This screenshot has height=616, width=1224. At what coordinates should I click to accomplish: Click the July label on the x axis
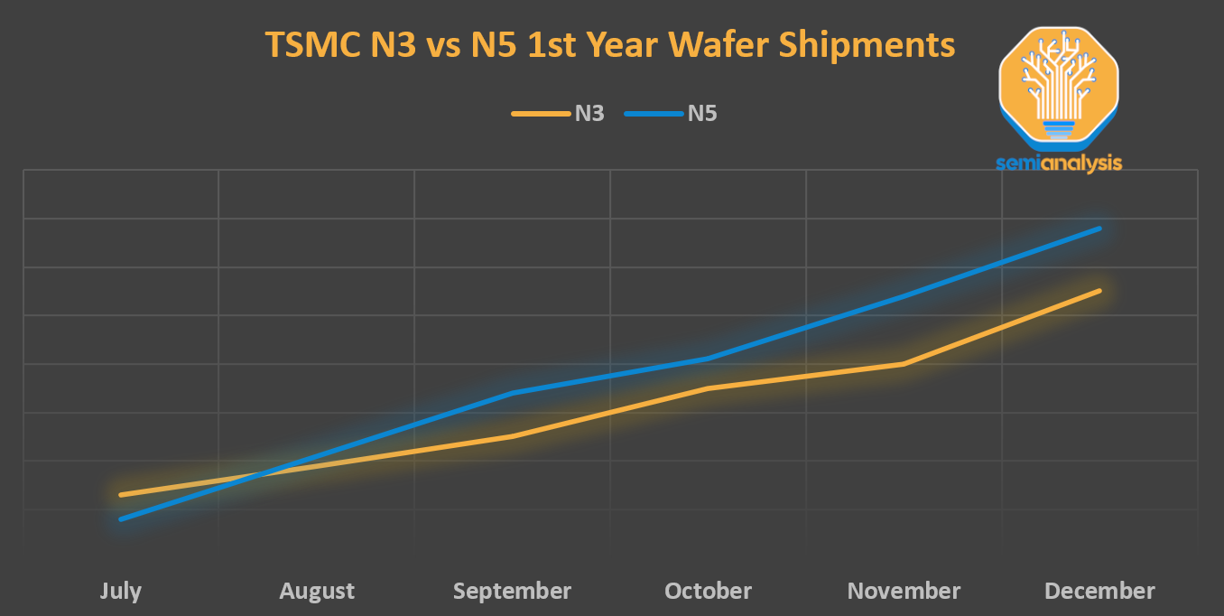coord(120,591)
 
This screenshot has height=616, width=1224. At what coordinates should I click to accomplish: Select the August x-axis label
coord(317,591)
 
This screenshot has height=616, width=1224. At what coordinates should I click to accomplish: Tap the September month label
coord(512,591)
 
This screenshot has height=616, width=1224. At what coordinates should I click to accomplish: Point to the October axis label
coord(708,591)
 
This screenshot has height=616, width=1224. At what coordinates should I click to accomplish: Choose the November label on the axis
coord(904,591)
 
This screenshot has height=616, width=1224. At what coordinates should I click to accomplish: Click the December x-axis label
coord(1099,591)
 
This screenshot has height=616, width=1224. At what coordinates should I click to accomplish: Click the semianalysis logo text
coord(1059,163)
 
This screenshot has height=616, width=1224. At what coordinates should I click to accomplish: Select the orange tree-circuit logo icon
coord(1059,86)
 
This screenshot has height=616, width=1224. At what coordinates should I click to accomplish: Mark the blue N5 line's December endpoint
coord(1099,229)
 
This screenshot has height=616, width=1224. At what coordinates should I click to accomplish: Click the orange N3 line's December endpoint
coord(1099,291)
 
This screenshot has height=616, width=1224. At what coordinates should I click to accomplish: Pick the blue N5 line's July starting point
coord(121,519)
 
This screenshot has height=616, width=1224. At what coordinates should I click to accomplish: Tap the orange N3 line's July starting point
coord(121,495)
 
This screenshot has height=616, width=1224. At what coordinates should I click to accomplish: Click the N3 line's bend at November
coord(904,364)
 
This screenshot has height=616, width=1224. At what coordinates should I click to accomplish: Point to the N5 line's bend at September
coord(513,393)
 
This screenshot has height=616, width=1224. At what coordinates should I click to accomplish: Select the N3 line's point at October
coord(709,388)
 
